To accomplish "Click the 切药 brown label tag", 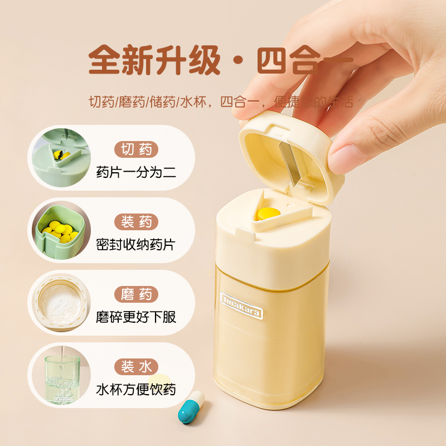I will click(x=137, y=149).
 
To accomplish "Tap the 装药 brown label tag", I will click(x=137, y=222).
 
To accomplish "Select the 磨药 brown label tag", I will click(x=137, y=294).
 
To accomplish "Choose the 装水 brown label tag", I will click(x=137, y=367).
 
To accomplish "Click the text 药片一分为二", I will click(x=136, y=172).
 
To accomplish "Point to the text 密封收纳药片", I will click(x=136, y=244).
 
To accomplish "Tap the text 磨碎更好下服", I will click(x=136, y=317).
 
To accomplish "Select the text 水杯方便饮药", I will click(x=136, y=389).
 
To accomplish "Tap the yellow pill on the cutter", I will click(x=268, y=212).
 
